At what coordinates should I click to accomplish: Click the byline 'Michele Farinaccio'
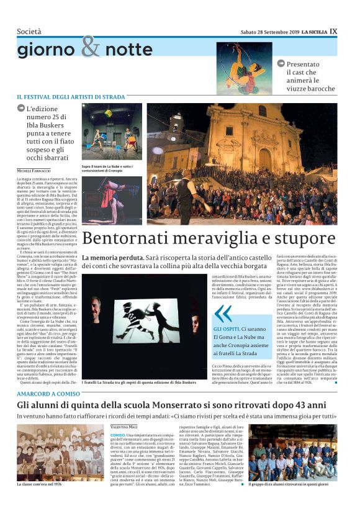(35, 171)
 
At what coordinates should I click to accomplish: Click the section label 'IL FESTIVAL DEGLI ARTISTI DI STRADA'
(71, 97)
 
